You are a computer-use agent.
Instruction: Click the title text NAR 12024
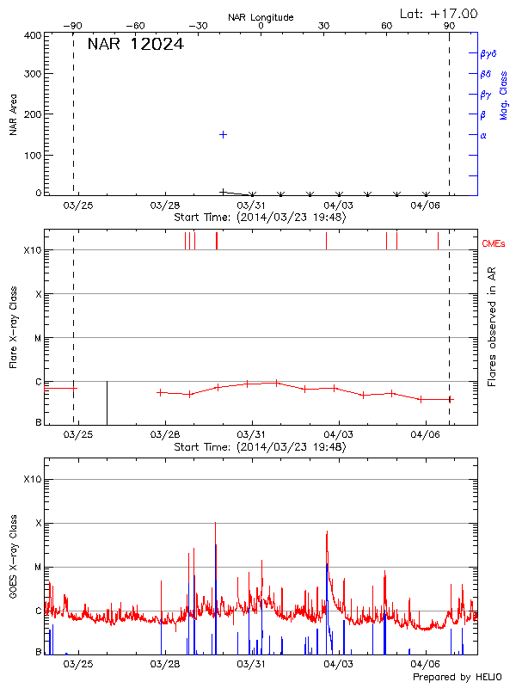tap(135, 44)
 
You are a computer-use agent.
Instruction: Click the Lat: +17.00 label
tap(439, 13)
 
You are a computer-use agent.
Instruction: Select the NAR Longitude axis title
tap(261, 17)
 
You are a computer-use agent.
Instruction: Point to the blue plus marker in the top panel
tap(223, 134)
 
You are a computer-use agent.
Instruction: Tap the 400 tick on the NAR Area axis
tap(33, 36)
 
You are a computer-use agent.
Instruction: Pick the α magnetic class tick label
tap(483, 135)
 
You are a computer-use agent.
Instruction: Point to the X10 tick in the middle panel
tap(32, 250)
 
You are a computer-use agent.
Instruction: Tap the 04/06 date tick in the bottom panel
tap(426, 664)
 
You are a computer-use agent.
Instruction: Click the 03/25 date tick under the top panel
tap(77, 206)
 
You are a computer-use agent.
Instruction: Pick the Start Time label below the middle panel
tap(260, 447)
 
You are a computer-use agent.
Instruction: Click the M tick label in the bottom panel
tap(37, 567)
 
